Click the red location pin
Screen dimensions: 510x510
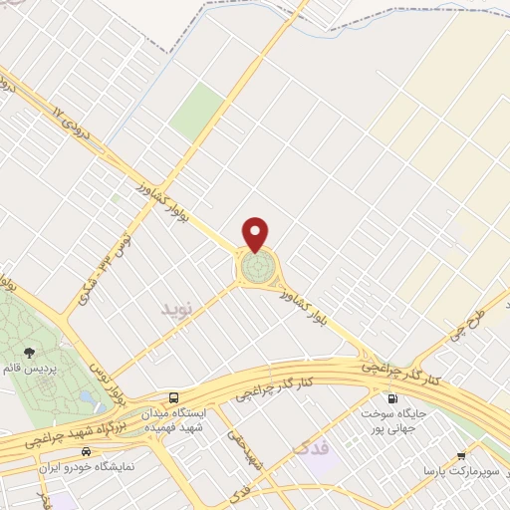point(256,233)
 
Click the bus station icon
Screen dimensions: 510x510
point(175,396)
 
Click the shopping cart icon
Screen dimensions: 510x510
point(460,454)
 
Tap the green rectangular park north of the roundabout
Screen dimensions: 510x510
point(196,112)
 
